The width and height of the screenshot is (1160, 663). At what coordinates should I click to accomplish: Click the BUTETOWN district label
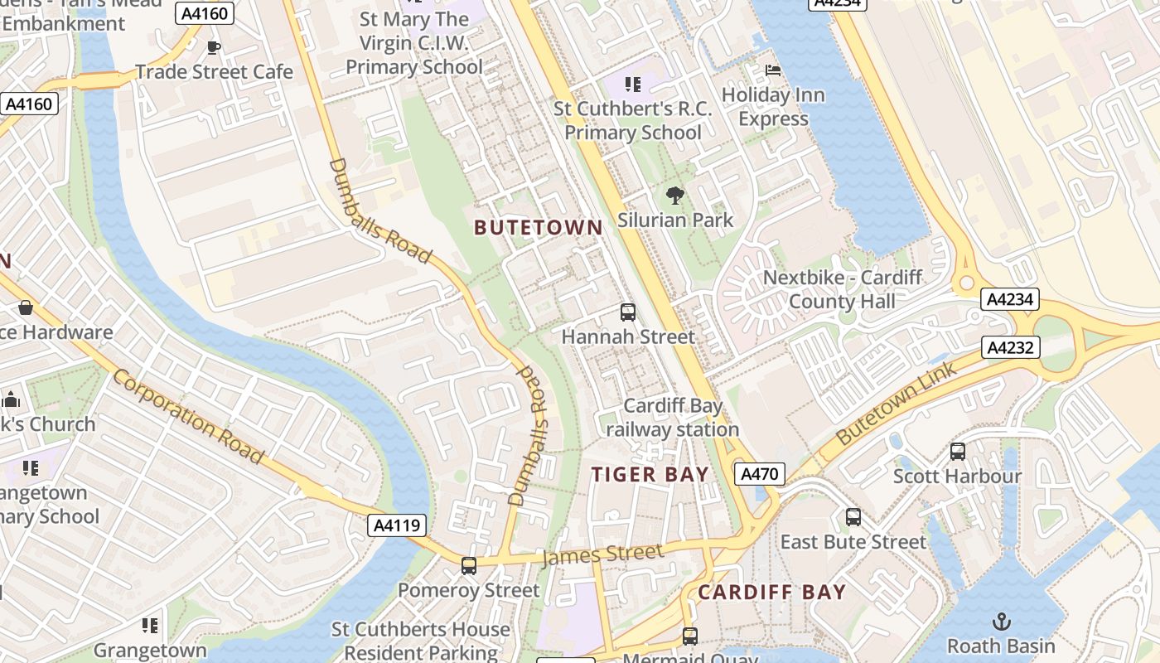coord(538,228)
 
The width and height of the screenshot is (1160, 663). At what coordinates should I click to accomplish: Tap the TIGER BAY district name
coord(650,475)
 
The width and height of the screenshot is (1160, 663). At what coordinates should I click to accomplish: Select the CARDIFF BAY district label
coord(771,593)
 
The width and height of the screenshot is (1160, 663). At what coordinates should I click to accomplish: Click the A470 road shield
coord(759,474)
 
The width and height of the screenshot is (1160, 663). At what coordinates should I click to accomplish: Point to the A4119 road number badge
coord(399,525)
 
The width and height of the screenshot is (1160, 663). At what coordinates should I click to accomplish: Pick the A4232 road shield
coord(1011,347)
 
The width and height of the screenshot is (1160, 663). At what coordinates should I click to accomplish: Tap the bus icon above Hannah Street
coord(628,312)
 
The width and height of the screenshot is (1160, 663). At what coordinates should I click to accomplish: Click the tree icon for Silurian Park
coord(675,196)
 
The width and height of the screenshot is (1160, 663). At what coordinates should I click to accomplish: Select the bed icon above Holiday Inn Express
coord(773,70)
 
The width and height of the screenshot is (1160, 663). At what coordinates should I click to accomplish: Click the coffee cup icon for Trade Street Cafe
coord(214,47)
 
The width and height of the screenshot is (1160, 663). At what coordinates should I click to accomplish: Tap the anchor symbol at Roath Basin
coord(1002,621)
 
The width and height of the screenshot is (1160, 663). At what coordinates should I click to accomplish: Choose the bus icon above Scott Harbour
coord(957,452)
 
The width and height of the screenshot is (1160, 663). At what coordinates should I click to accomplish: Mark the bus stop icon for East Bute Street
coord(853,517)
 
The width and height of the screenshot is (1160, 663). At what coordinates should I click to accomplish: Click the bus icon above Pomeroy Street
coord(469,566)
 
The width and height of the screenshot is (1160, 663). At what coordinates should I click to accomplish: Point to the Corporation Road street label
coord(188,416)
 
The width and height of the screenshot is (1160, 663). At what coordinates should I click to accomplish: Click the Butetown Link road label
coord(897,404)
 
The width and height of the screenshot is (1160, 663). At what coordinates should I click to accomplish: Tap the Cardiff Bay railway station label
coord(673,418)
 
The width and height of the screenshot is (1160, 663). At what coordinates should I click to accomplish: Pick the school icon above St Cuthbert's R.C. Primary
coord(633,84)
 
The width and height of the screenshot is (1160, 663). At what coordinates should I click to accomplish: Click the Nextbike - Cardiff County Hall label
coord(842,289)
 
